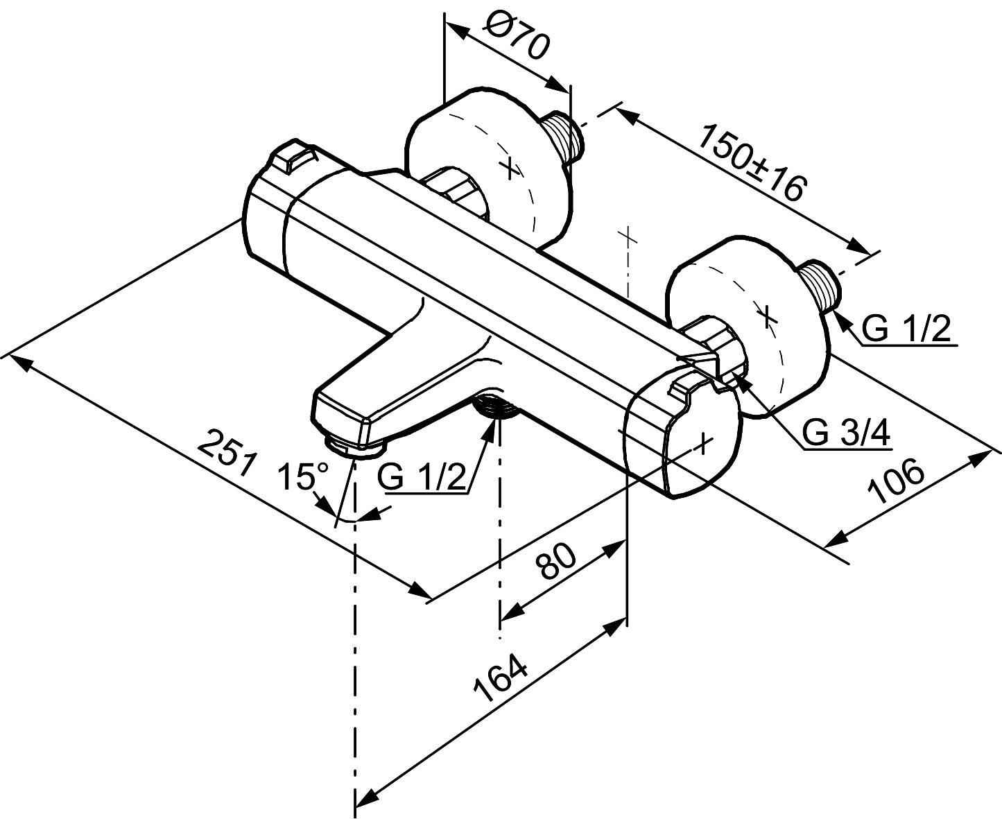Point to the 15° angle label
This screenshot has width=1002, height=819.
coord(303,476)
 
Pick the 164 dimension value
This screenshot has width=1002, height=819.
coord(501,680)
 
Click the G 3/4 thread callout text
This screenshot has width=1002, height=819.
coord(847,433)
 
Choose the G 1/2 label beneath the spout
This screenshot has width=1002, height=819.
coord(423,478)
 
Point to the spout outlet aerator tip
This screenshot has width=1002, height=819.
coord(354,447)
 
